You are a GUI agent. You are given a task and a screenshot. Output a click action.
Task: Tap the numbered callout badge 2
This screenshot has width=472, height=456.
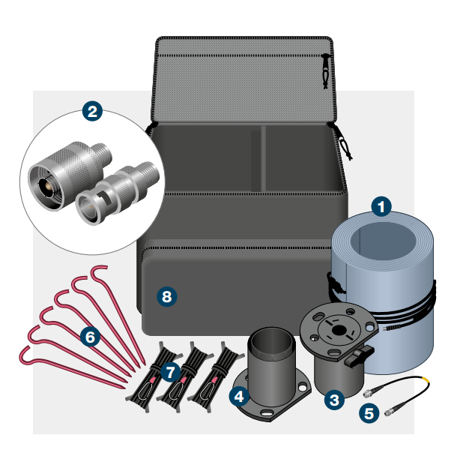[x=92, y=112]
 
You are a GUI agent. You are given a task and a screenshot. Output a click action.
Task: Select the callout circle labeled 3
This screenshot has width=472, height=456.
[x=334, y=400]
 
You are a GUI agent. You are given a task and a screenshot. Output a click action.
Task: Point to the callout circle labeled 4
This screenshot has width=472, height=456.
[x=239, y=394]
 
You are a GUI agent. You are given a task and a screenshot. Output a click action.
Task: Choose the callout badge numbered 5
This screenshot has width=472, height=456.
[x=368, y=411]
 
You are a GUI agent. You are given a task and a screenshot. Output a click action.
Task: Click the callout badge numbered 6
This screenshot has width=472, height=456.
[x=90, y=337]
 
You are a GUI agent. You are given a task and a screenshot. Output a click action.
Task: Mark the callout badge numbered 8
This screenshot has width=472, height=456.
[x=166, y=297]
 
